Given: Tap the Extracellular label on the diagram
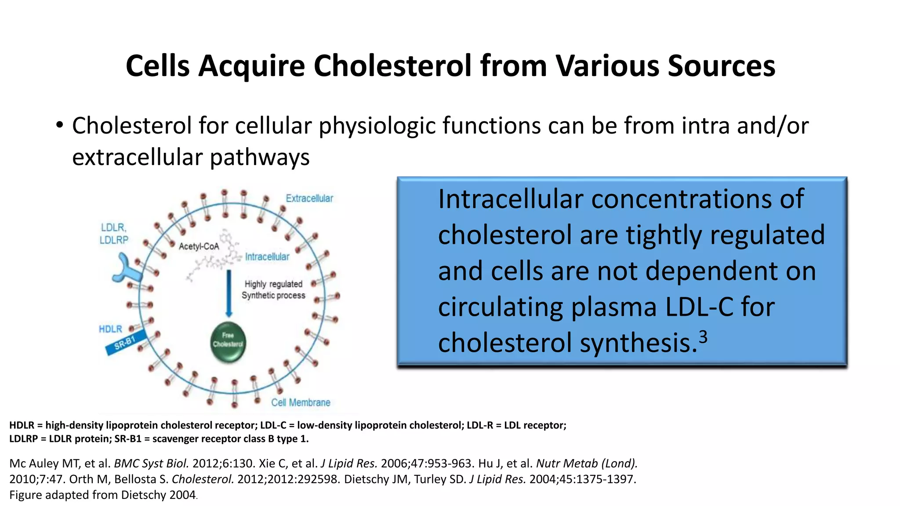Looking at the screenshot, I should (309, 199).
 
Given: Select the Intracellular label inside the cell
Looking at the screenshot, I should (267, 257).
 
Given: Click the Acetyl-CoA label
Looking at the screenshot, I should (199, 246).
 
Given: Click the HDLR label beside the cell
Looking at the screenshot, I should (110, 329).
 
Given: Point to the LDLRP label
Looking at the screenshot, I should (114, 240).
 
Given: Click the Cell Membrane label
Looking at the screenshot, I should (301, 402).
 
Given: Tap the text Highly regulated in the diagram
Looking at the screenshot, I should (273, 284).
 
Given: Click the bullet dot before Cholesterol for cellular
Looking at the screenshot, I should (60, 126).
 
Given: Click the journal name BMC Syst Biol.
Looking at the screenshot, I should (151, 463).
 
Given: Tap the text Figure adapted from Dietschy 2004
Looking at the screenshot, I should (102, 495).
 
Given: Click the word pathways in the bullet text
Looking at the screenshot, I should (260, 157).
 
